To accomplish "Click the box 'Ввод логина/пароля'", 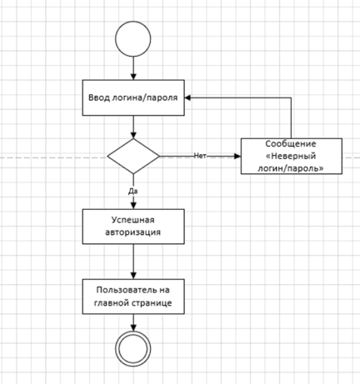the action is click(x=133, y=97).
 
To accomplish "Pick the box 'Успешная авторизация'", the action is click(x=133, y=227).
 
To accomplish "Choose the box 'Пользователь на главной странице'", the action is click(x=133, y=297).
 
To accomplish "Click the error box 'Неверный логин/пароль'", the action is click(x=292, y=156).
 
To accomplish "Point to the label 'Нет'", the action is click(x=200, y=156).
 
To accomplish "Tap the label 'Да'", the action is click(x=133, y=191).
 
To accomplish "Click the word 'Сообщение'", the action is click(x=291, y=144).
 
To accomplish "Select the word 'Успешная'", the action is click(x=133, y=220).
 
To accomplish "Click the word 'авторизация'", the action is click(x=133, y=232).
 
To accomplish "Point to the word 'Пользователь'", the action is click(x=124, y=290).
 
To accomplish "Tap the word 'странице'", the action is click(x=152, y=303).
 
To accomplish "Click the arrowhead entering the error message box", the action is click(x=237, y=156).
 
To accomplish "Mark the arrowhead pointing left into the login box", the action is click(x=188, y=97).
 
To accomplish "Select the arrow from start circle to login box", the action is click(x=133, y=68).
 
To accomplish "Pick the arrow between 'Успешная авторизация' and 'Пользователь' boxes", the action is click(x=133, y=262).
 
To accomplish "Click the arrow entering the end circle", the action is click(x=133, y=322).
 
